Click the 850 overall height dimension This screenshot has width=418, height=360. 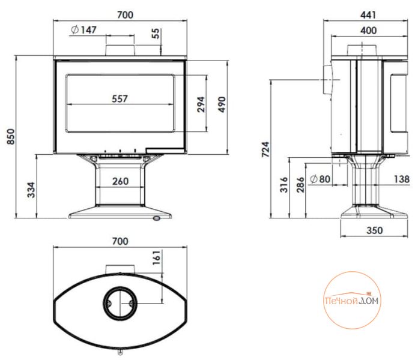click(11, 136)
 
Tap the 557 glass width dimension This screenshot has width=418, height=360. click(120, 99)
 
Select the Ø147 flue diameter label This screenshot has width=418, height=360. click(83, 29)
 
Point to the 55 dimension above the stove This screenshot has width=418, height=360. click(156, 33)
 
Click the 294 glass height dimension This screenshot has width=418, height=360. click(201, 104)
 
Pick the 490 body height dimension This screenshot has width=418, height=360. click(222, 104)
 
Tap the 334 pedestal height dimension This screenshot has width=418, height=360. click(31, 190)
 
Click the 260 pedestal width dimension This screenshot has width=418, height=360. click(121, 181)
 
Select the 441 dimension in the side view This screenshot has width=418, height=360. click(368, 15)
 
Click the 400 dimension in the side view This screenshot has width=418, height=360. click(368, 31)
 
